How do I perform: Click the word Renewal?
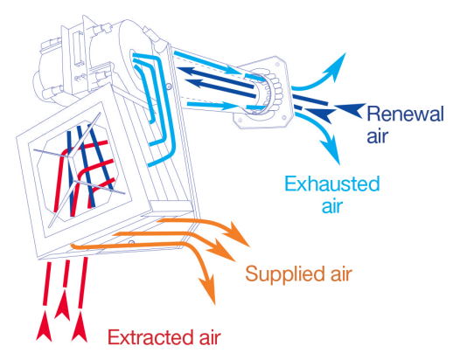[x=405, y=114]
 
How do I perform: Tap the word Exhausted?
[x=332, y=183]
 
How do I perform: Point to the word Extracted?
[x=150, y=337]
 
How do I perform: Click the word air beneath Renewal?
[x=378, y=136]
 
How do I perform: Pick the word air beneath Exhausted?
[x=332, y=206]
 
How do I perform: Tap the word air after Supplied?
[x=341, y=274]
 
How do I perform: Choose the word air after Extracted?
[x=210, y=338]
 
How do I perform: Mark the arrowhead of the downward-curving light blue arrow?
[x=331, y=151]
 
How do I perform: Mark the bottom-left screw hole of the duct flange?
[x=240, y=120]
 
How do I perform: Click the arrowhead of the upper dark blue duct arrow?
[x=186, y=71]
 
